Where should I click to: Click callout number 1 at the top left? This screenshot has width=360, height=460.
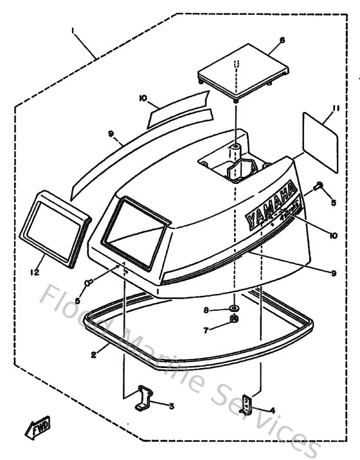click(x=75, y=30)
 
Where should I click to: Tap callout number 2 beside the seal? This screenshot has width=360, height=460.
click(x=94, y=354)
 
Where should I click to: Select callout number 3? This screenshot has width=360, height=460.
click(x=172, y=407)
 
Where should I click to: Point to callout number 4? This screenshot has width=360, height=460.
click(x=273, y=409)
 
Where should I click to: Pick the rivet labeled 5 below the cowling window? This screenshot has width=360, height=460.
click(x=90, y=281)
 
